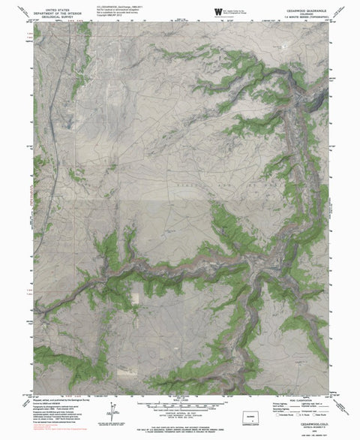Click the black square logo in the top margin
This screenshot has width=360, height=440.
(218, 10)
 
